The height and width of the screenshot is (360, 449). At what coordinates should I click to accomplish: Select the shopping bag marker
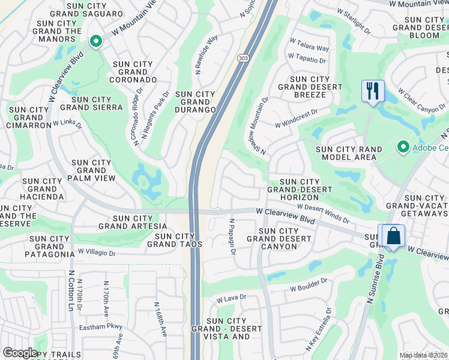[x=394, y=236]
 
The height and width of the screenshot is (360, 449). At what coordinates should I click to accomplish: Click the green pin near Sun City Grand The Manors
[x=95, y=41]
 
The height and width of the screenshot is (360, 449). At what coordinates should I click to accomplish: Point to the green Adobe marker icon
[x=403, y=146]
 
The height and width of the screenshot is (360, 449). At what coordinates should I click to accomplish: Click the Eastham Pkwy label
[x=101, y=327]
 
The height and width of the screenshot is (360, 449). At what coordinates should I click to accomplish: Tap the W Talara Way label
[x=309, y=45]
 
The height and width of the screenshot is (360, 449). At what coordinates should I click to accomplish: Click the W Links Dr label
[x=67, y=124]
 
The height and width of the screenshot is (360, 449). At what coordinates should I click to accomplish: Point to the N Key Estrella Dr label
[x=319, y=329]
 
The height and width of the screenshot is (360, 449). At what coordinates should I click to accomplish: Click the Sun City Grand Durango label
[x=195, y=102]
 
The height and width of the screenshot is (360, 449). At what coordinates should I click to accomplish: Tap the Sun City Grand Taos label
[x=175, y=240]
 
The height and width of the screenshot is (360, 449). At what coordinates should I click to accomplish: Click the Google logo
[x=20, y=353]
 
